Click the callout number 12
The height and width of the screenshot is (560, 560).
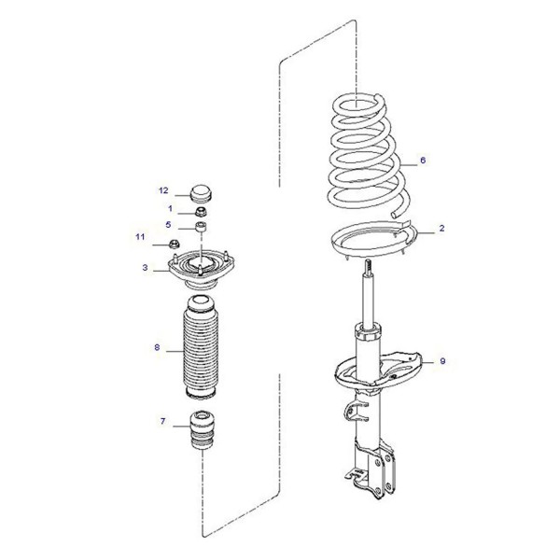(163, 190)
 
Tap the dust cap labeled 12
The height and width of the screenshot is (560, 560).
(201, 193)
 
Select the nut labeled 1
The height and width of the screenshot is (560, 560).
(202, 212)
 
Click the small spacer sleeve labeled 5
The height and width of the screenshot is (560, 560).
(201, 227)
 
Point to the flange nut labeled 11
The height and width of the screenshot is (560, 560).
(174, 245)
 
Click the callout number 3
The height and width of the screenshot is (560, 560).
(145, 267)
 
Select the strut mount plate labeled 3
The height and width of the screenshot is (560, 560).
(201, 270)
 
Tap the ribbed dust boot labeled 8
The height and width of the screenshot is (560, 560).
(201, 347)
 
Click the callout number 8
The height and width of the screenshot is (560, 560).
(157, 347)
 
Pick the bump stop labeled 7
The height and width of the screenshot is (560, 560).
(202, 430)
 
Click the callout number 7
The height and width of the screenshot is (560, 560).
(162, 421)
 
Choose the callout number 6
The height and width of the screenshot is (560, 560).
(423, 160)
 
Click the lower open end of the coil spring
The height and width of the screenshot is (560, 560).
(394, 215)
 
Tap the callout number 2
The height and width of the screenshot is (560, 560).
(441, 228)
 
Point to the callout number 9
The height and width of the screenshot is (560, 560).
(442, 361)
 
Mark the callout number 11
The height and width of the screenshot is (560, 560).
(140, 237)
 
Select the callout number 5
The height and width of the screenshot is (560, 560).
(168, 225)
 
